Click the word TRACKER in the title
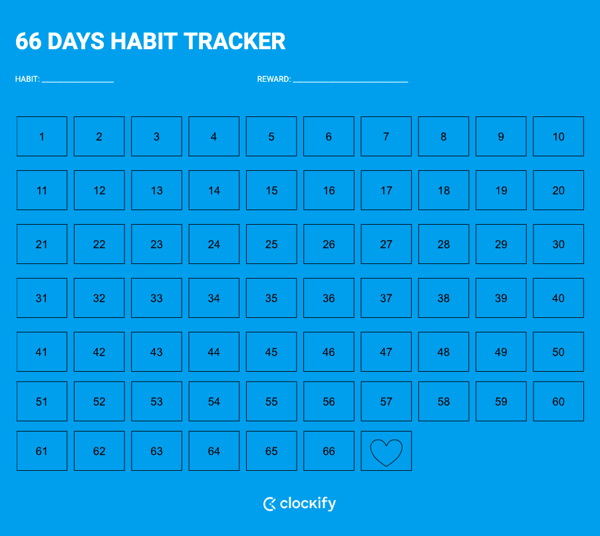(x=235, y=41)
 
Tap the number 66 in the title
(x=29, y=41)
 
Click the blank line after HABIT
(x=77, y=80)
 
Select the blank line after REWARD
(x=350, y=80)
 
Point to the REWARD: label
(x=273, y=79)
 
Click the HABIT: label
(x=27, y=79)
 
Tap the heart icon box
(x=386, y=451)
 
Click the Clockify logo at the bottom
(x=299, y=504)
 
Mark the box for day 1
(x=42, y=136)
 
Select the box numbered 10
(x=558, y=136)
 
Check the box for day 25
(x=271, y=244)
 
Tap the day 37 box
(x=386, y=298)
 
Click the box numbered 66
(x=329, y=451)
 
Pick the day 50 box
(x=558, y=352)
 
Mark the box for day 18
(x=444, y=190)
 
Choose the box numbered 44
(x=214, y=352)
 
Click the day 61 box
(x=42, y=451)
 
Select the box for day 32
(x=99, y=298)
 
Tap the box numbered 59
(x=501, y=401)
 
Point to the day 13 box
(x=156, y=190)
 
